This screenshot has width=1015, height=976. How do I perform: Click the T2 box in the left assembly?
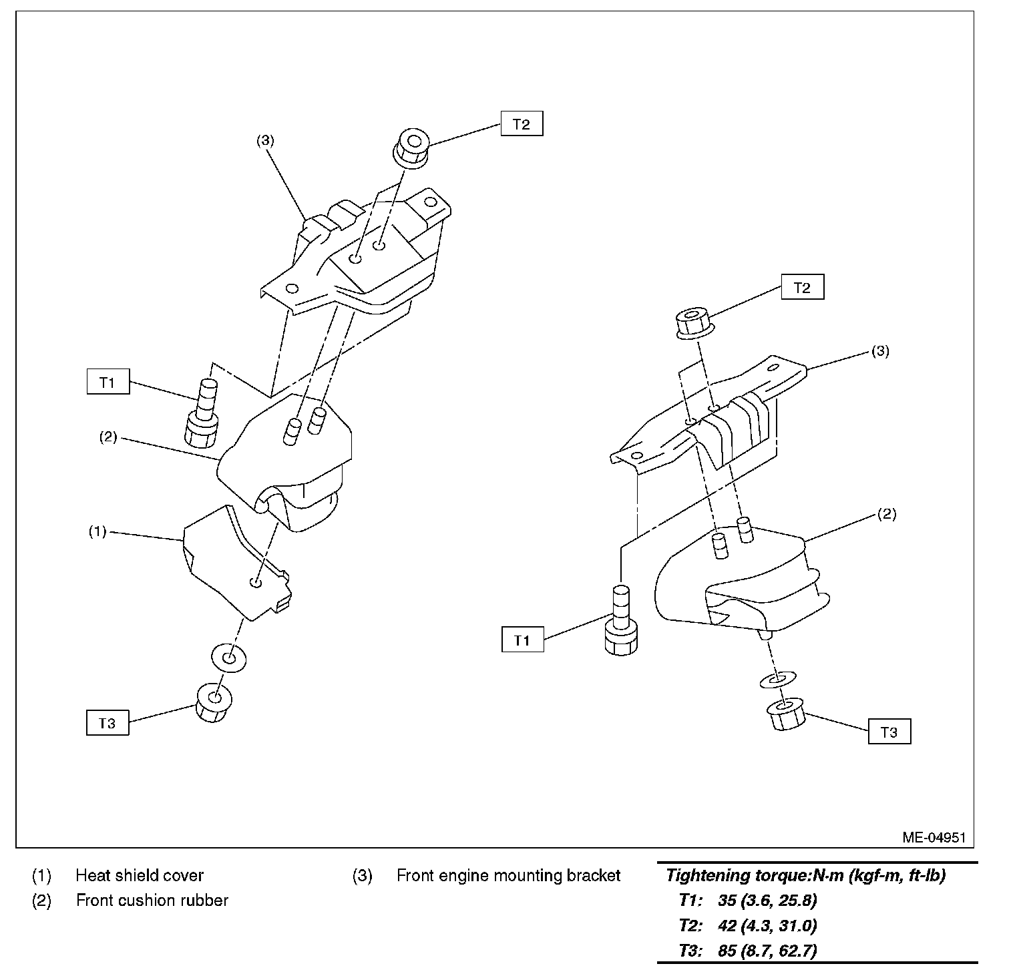click(522, 124)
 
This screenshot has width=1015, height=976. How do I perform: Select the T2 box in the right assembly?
click(802, 288)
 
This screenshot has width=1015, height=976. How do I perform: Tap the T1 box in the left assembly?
click(108, 383)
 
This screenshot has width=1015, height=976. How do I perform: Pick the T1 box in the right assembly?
click(522, 640)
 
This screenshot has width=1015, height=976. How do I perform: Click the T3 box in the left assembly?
click(108, 723)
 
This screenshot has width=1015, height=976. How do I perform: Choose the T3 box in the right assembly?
click(889, 732)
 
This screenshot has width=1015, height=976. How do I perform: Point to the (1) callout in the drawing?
click(97, 532)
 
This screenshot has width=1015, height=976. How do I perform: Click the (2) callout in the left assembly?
click(108, 437)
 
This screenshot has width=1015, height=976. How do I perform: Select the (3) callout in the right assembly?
click(880, 351)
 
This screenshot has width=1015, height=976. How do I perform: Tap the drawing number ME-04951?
click(934, 837)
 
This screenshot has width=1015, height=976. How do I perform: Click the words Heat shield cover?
click(140, 875)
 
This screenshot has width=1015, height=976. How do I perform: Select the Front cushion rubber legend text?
click(152, 901)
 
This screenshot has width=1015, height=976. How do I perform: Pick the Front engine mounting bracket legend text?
click(508, 875)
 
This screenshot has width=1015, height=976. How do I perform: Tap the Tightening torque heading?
click(805, 876)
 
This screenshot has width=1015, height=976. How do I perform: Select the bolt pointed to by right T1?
click(621, 621)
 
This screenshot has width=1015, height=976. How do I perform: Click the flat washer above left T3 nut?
click(228, 658)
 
